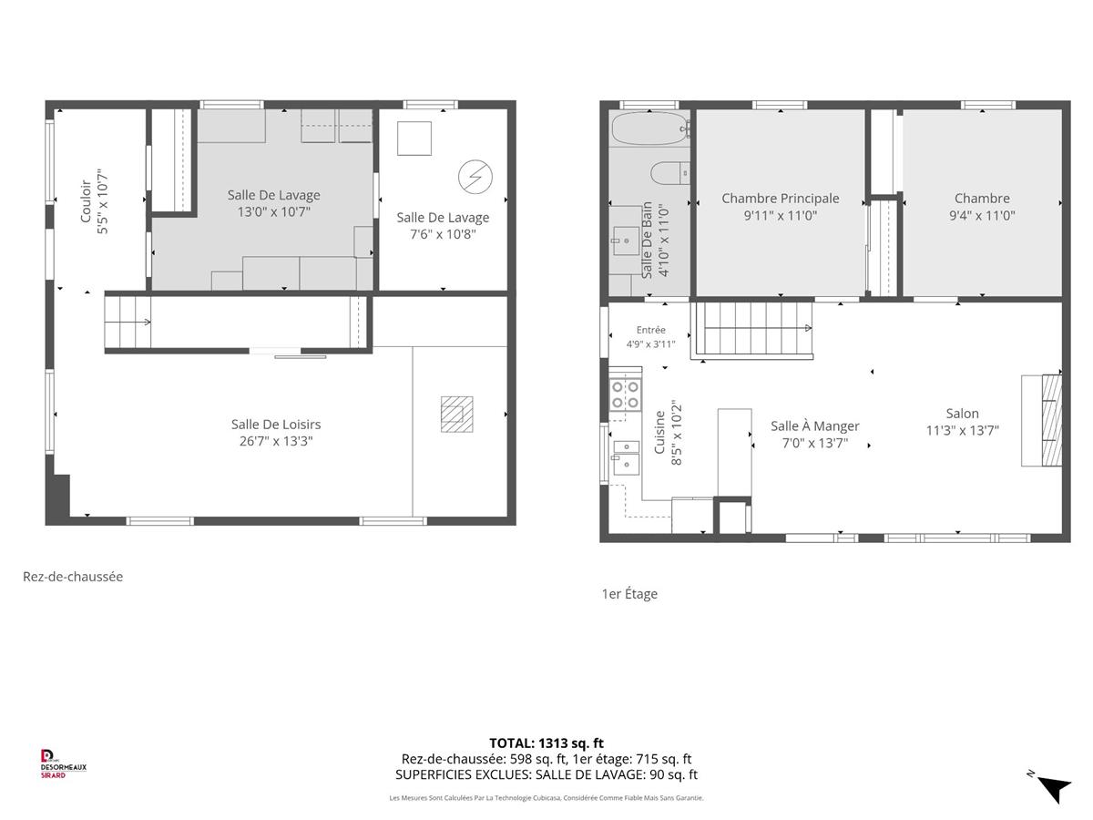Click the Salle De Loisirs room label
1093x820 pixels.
coord(275,425)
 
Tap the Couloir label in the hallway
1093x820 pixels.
coord(86,201)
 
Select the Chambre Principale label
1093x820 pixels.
coord(780,199)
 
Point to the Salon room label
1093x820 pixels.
coord(962,414)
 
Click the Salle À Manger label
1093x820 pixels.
coord(814,426)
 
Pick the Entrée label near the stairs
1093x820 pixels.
coord(650,330)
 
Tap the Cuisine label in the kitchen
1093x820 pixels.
coord(659,432)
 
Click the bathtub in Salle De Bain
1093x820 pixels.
coord(649,128)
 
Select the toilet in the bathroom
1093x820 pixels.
coord(669,173)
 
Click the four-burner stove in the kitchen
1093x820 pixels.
coord(626,395)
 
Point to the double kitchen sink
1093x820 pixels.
coord(626,457)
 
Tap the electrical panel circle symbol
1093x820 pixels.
coord(475,177)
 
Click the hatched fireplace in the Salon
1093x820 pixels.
coord(1051,420)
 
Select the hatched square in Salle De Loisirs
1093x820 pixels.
coord(456,414)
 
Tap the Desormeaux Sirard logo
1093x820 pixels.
coord(63,764)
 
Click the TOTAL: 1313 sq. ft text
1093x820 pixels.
coord(546,743)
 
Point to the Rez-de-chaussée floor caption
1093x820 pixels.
coord(73,576)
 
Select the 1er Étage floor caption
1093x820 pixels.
coord(629,593)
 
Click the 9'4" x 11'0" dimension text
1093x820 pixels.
coord(982,216)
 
